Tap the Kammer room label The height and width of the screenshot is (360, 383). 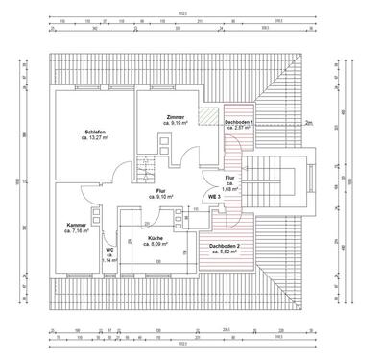[76, 225]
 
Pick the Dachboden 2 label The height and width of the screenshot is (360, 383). [226, 245]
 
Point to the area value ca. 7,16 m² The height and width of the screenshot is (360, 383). [76, 231]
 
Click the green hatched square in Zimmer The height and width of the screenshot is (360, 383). [205, 117]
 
